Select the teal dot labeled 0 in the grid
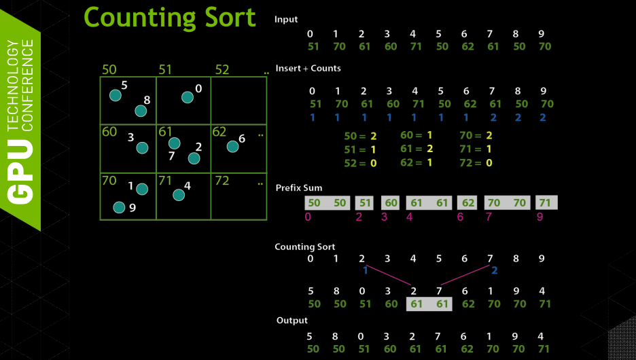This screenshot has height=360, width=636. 188,97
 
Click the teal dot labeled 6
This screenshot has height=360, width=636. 232,146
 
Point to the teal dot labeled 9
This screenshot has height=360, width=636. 119,207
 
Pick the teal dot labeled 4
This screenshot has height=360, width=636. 179,195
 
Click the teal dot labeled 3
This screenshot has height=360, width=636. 142,147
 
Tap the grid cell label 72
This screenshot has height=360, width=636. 222,181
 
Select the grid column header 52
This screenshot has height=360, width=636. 222,69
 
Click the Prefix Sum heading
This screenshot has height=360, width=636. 299,187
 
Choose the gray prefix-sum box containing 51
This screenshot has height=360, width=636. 365,202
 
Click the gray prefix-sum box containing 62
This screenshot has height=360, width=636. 467,202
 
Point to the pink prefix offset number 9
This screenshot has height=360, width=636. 540,217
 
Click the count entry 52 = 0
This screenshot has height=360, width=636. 360,163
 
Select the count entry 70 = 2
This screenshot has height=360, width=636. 476,136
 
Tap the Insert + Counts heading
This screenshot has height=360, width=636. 308,69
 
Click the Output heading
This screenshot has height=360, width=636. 291,320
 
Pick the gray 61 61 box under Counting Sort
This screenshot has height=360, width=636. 429,304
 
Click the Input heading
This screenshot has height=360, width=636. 286,20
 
